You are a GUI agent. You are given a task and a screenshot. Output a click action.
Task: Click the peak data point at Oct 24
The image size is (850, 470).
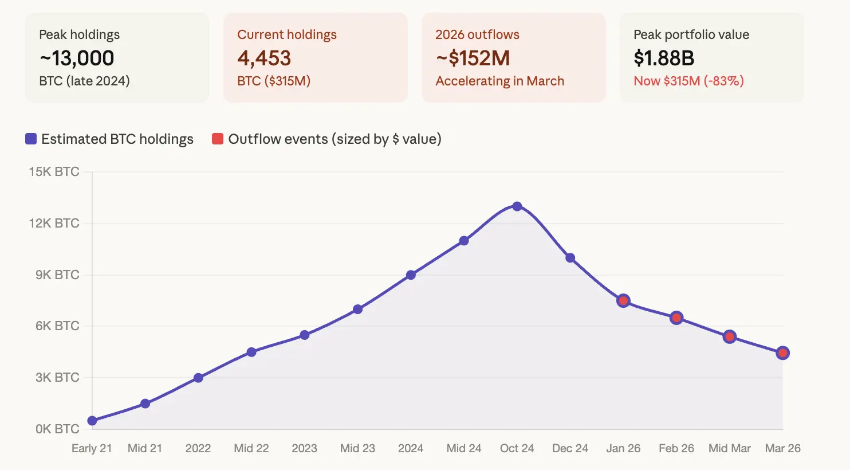(517, 206)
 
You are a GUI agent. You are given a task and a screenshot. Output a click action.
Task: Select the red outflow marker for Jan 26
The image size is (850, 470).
(623, 301)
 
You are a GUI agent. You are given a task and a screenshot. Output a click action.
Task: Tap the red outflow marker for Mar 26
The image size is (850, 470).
(782, 353)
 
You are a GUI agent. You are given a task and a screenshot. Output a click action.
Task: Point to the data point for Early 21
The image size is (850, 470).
(92, 421)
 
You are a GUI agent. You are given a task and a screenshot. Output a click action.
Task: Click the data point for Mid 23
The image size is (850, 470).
(357, 310)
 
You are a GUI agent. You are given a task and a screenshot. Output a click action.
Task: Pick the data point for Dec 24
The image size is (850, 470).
(570, 258)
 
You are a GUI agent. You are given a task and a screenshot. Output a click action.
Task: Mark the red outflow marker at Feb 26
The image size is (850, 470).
(676, 318)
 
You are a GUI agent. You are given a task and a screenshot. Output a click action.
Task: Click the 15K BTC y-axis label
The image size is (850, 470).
(54, 172)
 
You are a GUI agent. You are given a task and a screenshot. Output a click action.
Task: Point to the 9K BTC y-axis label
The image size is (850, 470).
(57, 275)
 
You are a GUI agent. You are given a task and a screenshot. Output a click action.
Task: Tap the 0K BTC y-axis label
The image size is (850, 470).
(57, 429)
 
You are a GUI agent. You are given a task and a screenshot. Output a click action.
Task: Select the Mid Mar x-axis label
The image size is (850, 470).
(729, 448)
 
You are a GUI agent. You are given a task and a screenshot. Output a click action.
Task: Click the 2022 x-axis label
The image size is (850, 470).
(198, 448)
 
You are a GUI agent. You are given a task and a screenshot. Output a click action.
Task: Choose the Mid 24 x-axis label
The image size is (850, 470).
(463, 448)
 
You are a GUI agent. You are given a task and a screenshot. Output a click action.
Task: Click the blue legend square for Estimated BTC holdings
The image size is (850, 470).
(31, 139)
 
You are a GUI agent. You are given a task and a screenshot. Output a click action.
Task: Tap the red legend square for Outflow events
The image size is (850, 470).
(218, 139)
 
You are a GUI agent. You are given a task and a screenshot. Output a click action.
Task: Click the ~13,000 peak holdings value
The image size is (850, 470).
(77, 58)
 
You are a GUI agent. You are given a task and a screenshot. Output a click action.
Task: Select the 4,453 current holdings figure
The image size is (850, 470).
(264, 58)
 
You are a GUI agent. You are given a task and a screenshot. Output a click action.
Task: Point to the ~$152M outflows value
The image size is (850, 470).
(473, 58)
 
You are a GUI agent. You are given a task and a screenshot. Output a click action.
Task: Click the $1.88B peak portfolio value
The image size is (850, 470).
(664, 58)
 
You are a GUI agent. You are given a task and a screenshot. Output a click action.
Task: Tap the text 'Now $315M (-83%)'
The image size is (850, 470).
(688, 81)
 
